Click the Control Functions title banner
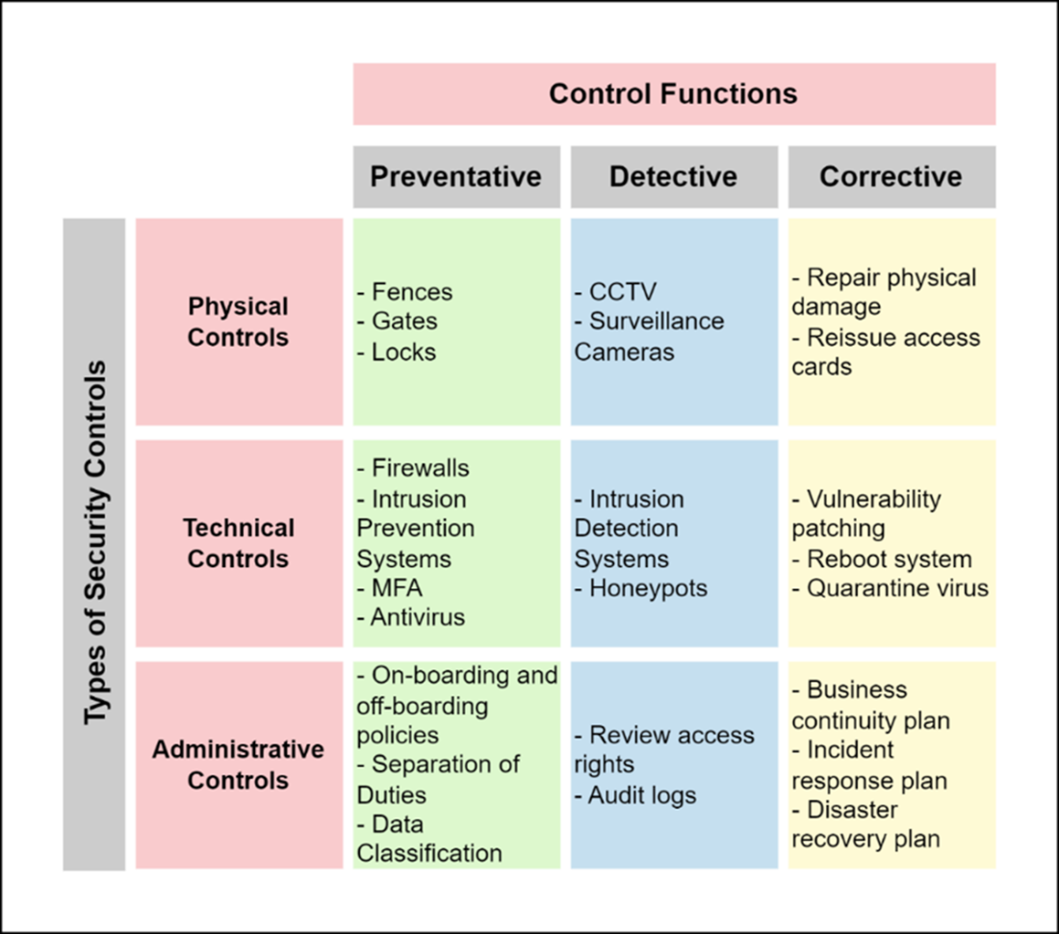tap(674, 93)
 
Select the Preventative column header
tap(456, 177)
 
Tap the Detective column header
tap(674, 177)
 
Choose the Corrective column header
tap(891, 177)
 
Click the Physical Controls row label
tap(239, 322)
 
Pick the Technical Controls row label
tap(239, 544)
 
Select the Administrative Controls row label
tap(239, 765)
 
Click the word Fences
tap(412, 292)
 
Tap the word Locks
tap(404, 351)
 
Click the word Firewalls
tap(420, 468)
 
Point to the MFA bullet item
tap(390, 587)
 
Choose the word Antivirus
tap(418, 617)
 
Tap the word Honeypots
tap(648, 588)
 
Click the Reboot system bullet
tap(882, 559)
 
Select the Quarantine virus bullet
tap(891, 588)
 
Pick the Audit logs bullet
tap(634, 795)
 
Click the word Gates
tap(404, 321)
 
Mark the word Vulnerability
tap(874, 500)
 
